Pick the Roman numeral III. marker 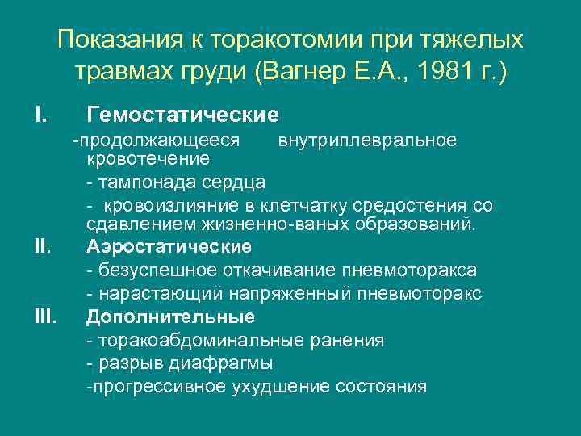tap(45, 316)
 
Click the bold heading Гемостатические tap(182, 115)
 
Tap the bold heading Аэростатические tap(169, 245)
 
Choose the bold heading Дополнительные tap(170, 316)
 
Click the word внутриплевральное tap(367, 140)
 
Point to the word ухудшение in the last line tap(291, 387)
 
